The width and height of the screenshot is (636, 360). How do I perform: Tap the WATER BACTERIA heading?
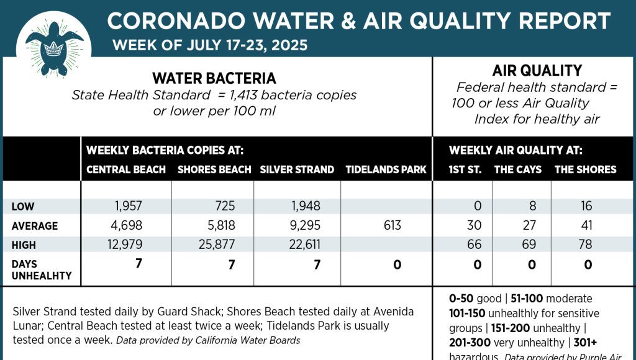coord(214,78)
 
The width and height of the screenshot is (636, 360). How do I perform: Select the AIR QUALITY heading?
coord(537,71)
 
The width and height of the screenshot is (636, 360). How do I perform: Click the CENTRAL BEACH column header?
coord(126,169)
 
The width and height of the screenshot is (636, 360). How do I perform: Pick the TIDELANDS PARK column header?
coord(386,169)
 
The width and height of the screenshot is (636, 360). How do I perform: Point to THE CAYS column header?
coord(517,169)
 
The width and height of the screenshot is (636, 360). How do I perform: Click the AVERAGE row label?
coord(35,226)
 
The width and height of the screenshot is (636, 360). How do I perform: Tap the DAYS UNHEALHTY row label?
coord(41,269)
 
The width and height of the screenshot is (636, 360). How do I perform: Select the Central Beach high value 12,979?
coord(125,245)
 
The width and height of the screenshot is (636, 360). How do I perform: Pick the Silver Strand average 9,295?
coord(305,226)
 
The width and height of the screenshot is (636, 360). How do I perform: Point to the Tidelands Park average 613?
coord(393,226)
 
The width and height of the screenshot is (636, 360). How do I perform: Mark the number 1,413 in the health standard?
coord(252,96)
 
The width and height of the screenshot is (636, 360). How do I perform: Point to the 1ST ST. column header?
coord(465,169)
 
